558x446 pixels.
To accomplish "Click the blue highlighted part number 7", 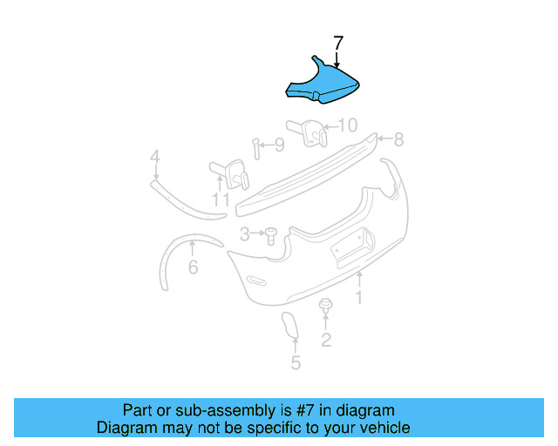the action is [324, 84].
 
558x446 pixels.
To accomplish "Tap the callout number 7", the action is [338, 41].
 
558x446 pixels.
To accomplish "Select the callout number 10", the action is [348, 125].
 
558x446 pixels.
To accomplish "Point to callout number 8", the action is [398, 139].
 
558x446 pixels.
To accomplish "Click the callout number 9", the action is [278, 145].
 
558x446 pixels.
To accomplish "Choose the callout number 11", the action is [221, 200].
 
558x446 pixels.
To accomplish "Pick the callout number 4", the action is [154, 158].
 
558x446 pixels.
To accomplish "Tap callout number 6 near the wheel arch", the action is [193, 267].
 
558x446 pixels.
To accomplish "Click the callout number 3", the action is [246, 233].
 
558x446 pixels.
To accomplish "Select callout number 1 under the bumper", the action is [358, 298].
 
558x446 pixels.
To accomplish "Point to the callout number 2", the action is [326, 340].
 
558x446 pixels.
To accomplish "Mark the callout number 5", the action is [296, 362].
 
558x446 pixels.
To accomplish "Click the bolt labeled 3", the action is [270, 233].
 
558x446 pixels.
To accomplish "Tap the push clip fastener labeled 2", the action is [326, 306].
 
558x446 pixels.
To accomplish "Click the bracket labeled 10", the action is [313, 131].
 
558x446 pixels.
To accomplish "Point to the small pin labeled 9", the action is [255, 148].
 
